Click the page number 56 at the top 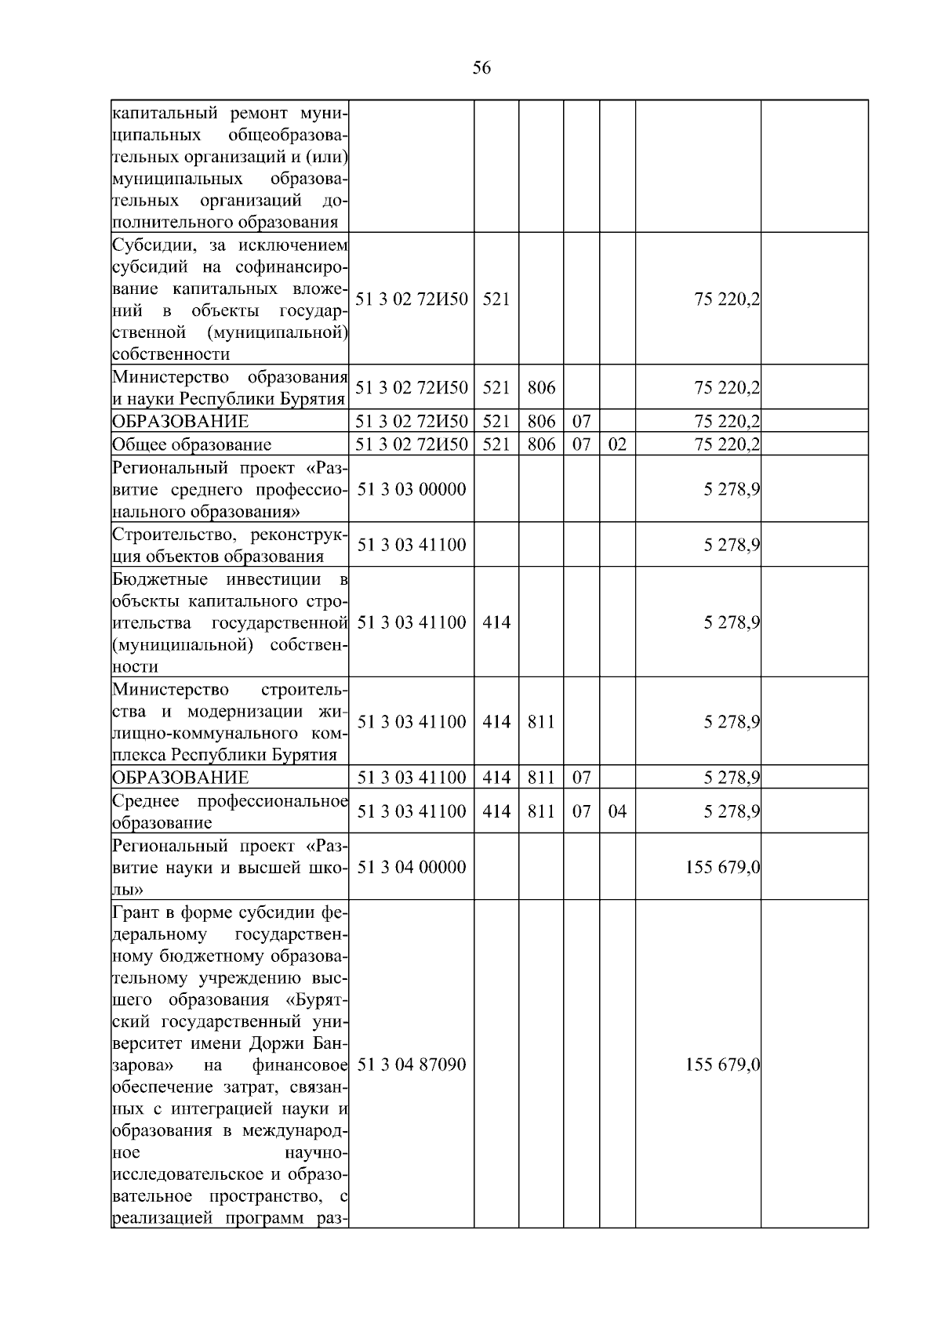tap(481, 68)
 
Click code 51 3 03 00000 tap(412, 489)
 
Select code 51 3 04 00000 tap(412, 867)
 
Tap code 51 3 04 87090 tap(412, 1064)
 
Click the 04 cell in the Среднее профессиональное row tap(617, 811)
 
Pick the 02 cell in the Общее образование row tap(617, 444)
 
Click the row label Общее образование tap(192, 444)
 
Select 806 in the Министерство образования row tap(541, 387)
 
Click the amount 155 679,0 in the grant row tap(722, 1064)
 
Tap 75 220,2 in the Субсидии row tap(727, 299)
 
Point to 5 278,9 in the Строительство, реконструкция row tap(731, 545)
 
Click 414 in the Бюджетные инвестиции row tap(496, 622)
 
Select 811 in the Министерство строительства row tap(541, 722)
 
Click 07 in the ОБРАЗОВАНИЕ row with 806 tap(581, 422)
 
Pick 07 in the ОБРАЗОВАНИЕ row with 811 tap(581, 778)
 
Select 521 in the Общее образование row tap(496, 444)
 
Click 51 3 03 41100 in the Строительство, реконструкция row tap(412, 545)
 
